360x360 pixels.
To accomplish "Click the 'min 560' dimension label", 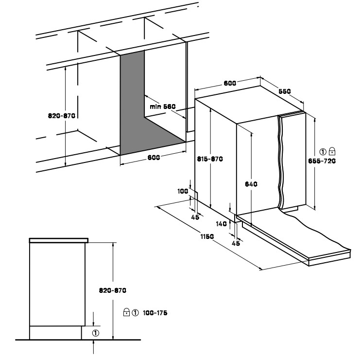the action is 163,107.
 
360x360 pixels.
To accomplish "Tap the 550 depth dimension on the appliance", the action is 285,91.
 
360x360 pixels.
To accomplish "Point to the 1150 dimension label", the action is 207,236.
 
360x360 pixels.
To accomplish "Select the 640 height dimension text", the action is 251,184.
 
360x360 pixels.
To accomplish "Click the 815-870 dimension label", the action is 210,159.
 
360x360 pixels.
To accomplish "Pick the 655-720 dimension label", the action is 322,161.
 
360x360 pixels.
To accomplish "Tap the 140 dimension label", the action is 222,224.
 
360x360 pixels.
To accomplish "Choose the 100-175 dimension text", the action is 155,313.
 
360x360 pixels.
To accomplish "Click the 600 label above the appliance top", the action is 230,83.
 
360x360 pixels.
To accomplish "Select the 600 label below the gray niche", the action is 154,158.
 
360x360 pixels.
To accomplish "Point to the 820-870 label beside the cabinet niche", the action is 62,116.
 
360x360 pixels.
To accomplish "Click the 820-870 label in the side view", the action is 113,290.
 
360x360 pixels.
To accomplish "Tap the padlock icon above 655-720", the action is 332,151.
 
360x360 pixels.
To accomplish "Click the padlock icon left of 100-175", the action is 126,312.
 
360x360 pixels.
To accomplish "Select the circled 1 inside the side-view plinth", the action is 96,333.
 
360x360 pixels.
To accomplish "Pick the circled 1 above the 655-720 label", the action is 323,152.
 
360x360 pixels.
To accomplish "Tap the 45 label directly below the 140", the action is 236,243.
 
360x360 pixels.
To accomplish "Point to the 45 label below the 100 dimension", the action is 195,217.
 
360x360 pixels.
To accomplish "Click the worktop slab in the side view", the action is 59,240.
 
